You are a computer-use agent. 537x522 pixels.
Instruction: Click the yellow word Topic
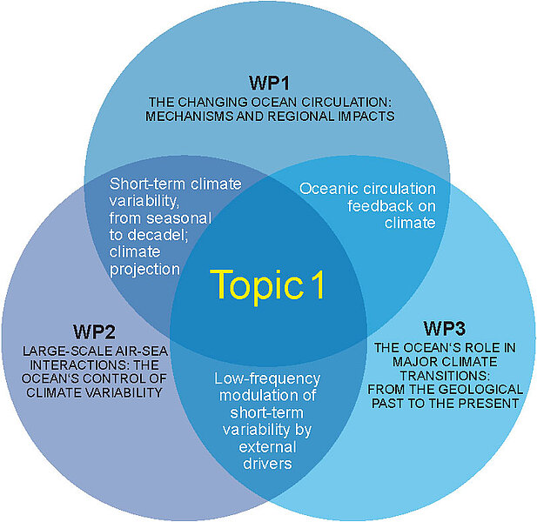253,284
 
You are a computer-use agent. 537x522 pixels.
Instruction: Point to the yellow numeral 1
318,284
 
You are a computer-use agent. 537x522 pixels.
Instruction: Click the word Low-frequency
266,378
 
